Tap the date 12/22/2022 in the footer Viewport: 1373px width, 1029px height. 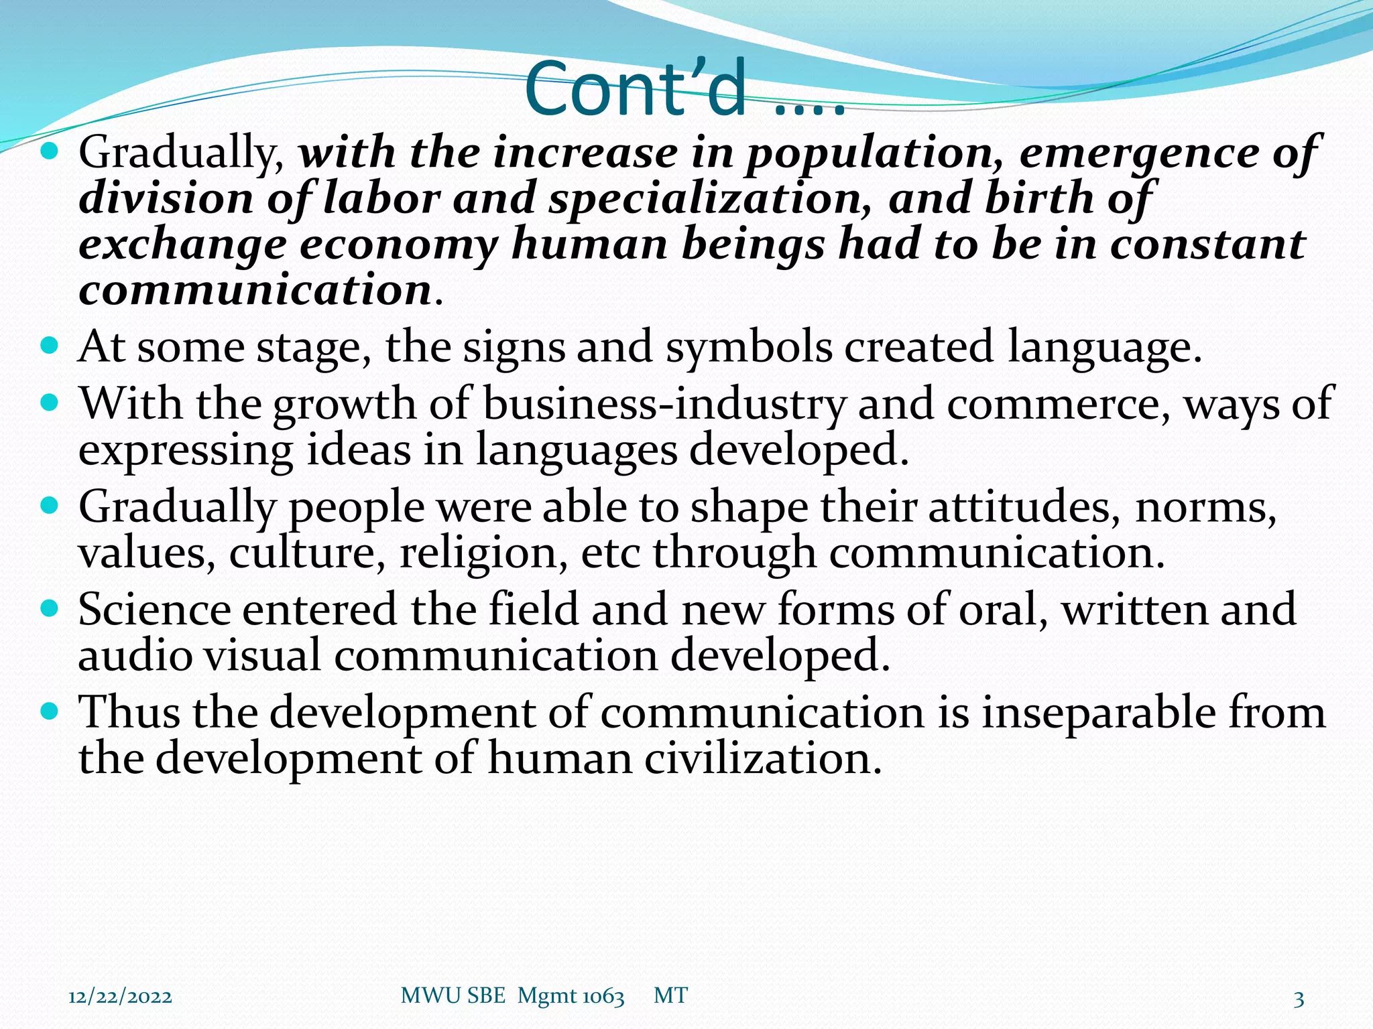point(120,998)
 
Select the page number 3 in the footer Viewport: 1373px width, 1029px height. point(1299,999)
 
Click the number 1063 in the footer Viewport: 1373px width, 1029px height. point(603,997)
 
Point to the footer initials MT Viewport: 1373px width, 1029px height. point(670,996)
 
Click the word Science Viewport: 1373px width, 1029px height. point(154,610)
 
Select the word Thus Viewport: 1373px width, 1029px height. point(129,712)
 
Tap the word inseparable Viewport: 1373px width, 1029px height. point(1098,712)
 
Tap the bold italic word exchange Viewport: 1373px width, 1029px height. point(183,246)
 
